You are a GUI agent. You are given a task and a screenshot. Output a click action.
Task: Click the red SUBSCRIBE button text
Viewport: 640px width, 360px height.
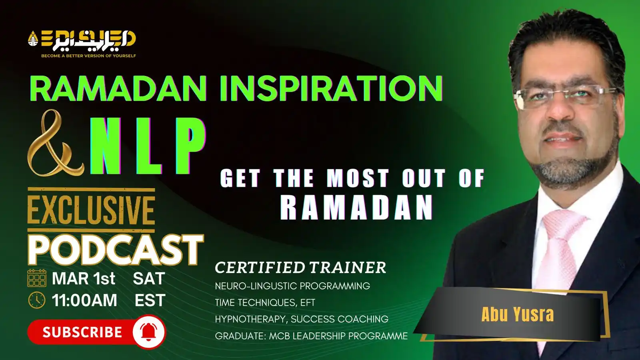(82, 332)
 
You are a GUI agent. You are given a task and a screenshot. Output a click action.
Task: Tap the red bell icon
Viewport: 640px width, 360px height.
(148, 332)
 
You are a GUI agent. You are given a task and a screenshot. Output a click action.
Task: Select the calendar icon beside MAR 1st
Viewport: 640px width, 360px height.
(37, 278)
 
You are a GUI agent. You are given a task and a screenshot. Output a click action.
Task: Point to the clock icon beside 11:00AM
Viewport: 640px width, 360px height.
(37, 300)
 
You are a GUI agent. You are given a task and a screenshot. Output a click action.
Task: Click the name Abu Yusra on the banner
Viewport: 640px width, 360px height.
(518, 314)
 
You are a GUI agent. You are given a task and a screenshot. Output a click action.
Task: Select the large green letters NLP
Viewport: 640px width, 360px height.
(148, 146)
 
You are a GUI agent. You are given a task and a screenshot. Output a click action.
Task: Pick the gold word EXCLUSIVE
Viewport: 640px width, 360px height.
(91, 210)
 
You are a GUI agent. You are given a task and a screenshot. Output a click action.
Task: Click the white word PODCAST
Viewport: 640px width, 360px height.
(116, 250)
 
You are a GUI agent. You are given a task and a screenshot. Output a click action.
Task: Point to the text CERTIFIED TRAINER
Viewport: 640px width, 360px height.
(300, 268)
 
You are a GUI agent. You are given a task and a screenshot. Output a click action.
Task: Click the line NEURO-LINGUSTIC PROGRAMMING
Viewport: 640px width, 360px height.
(292, 286)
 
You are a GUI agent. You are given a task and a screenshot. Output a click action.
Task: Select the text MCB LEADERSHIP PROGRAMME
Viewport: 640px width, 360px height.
(338, 336)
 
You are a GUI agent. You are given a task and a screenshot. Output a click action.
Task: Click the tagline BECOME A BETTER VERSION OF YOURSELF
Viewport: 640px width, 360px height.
(88, 56)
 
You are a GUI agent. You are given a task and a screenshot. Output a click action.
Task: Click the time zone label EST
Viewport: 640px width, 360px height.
(150, 300)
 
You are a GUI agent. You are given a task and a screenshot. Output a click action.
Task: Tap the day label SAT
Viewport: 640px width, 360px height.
(149, 278)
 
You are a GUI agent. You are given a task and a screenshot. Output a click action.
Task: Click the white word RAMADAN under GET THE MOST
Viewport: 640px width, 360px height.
(356, 208)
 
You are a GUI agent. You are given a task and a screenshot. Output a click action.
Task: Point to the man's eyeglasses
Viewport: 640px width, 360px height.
(564, 98)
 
